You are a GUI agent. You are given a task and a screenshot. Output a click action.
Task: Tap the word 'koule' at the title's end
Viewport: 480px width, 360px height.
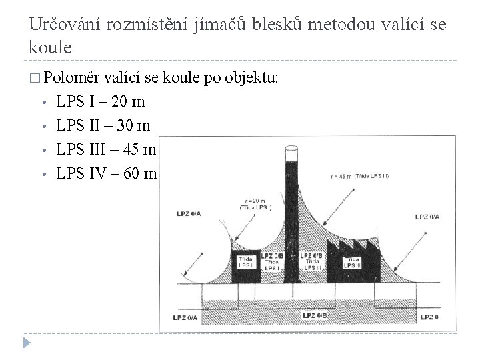(x=49, y=48)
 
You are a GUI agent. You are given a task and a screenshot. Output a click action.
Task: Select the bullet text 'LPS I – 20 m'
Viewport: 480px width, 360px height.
(x=101, y=103)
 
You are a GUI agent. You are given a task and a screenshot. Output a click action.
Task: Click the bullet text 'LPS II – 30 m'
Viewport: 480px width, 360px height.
(x=103, y=125)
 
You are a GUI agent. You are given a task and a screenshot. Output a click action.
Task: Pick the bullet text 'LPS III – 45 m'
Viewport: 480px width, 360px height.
(x=107, y=149)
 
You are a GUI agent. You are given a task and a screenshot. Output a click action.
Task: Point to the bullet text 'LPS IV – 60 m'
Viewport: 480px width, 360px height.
(x=107, y=173)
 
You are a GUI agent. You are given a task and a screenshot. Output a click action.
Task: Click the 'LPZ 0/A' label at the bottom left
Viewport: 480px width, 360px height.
(x=185, y=317)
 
